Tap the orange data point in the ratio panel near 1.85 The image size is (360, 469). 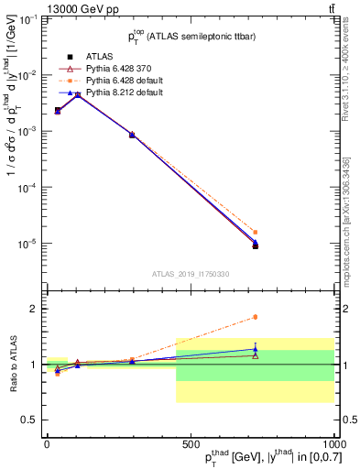pos(255,317)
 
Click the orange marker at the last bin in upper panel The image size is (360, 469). pos(255,233)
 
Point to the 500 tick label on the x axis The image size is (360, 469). pos(191,443)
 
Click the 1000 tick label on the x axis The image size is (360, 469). pos(332,443)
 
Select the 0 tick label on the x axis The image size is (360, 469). pos(47,443)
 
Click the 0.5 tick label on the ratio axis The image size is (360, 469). pos(32,420)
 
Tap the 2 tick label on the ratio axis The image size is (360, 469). pos(37,309)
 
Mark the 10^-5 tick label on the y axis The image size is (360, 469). pos(28,244)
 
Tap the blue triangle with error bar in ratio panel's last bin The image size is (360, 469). pos(255,349)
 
